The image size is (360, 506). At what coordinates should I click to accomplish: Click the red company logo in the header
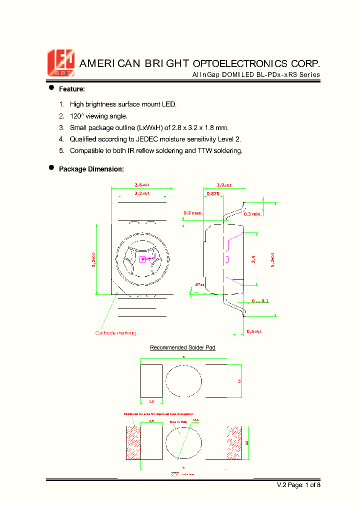point(60,63)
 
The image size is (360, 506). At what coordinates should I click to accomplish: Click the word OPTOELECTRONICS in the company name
point(235,63)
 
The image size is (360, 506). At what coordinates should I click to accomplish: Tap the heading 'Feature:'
point(72,89)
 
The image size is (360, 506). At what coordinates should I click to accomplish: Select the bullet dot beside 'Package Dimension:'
point(51,168)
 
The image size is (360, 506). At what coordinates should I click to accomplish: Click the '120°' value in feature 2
point(77,116)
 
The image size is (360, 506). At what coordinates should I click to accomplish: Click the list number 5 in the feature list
point(61,150)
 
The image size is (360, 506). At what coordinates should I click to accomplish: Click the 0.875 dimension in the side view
point(213,193)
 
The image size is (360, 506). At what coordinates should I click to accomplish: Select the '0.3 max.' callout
point(193,213)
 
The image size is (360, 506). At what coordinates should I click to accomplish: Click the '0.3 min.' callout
point(253,213)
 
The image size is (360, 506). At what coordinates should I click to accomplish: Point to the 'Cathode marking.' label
point(116,333)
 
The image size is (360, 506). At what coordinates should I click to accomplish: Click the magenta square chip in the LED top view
point(142,259)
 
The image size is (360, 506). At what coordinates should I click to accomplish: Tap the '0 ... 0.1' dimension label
point(260,301)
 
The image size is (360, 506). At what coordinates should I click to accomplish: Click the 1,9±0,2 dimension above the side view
point(224,185)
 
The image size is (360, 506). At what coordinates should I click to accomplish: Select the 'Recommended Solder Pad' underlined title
point(182,347)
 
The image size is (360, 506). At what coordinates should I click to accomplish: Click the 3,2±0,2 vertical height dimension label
point(93,259)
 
